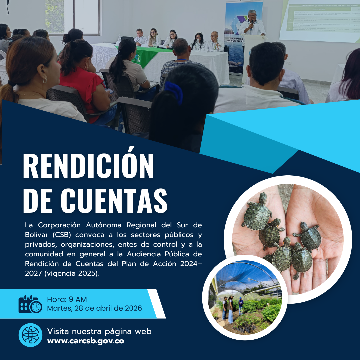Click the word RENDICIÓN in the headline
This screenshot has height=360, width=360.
[88, 166]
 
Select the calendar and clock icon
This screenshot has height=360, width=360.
[30, 304]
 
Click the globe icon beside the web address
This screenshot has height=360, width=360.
[30, 335]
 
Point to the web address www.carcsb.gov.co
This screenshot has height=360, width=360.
[86, 341]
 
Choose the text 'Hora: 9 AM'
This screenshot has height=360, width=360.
[67, 299]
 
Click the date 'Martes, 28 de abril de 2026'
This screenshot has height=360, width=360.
[94, 308]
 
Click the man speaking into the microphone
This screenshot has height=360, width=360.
[252, 25]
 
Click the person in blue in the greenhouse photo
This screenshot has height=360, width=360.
[241, 305]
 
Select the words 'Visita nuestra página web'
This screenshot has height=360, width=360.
[99, 331]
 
